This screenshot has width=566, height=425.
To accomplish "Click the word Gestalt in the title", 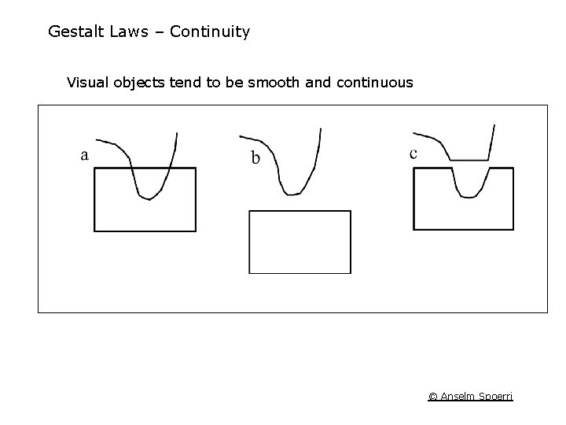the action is pos(73,32).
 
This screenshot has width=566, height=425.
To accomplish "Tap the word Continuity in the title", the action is pos(209,32).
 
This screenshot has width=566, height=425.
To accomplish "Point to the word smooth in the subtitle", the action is pos(271,82).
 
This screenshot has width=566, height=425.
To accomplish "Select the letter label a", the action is pos(84,155).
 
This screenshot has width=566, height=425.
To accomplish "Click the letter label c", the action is pos(413,153).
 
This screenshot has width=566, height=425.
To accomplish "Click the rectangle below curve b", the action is pos(300,242).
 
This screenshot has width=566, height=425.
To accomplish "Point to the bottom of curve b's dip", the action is pos(293,194).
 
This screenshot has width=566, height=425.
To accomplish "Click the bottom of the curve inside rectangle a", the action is pos(149,198).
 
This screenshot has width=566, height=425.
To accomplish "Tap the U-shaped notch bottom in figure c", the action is pos(469,198).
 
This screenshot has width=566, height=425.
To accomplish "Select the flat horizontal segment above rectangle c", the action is pos(469,159).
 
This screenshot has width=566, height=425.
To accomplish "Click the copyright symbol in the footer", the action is pos(432,396).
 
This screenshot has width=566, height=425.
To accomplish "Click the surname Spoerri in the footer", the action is pos(495,396).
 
